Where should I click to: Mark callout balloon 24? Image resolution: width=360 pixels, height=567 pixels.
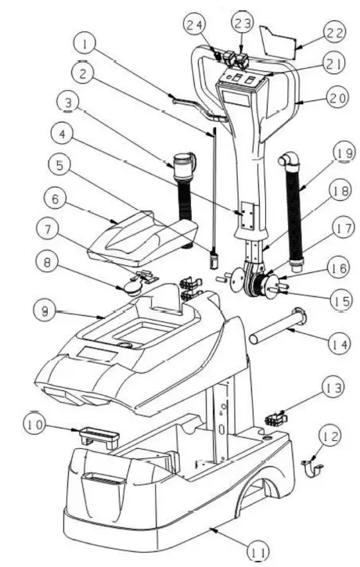coord(194,23)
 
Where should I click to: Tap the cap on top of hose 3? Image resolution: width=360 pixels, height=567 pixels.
coord(182,162)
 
